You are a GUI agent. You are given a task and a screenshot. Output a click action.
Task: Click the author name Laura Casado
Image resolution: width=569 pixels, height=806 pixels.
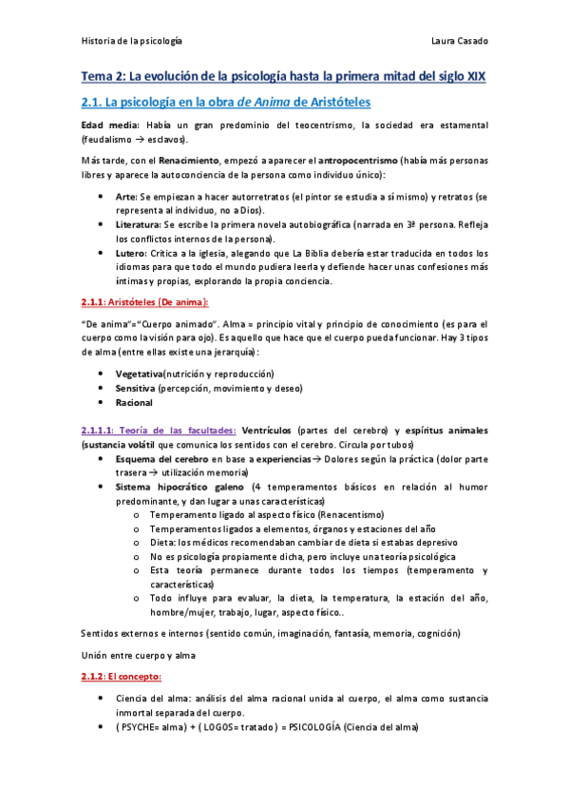point(459,41)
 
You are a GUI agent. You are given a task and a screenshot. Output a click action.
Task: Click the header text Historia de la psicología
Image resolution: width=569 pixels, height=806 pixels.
point(132,41)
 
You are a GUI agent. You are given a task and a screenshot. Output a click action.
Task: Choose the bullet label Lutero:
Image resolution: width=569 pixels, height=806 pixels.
point(131,254)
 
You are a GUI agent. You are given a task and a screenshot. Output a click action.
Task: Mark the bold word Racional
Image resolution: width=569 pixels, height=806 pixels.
point(134,403)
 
